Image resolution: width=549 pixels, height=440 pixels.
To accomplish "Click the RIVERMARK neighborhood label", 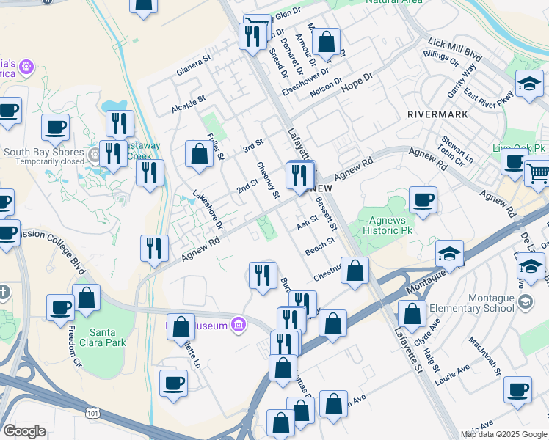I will pos(437,115).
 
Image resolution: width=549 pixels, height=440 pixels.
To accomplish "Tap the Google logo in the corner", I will pos(24,431).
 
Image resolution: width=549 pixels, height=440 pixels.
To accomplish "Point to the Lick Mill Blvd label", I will pos(462,55).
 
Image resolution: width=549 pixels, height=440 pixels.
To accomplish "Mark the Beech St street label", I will pos(320,245).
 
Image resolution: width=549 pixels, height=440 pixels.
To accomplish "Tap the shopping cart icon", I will pos(538,172).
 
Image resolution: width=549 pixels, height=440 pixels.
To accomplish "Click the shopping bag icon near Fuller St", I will pos(199,154).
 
